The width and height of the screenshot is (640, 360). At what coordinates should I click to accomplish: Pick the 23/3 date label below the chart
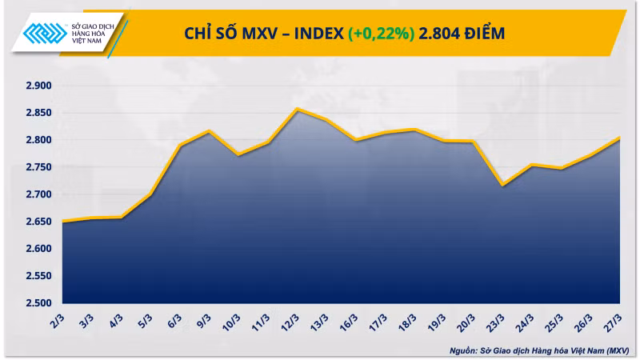tap(497, 322)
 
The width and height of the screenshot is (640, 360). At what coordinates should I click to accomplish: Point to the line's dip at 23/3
tap(502, 185)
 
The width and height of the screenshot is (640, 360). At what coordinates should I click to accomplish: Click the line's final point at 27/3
tap(620, 138)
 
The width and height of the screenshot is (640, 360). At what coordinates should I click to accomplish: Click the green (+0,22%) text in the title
tap(381, 33)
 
